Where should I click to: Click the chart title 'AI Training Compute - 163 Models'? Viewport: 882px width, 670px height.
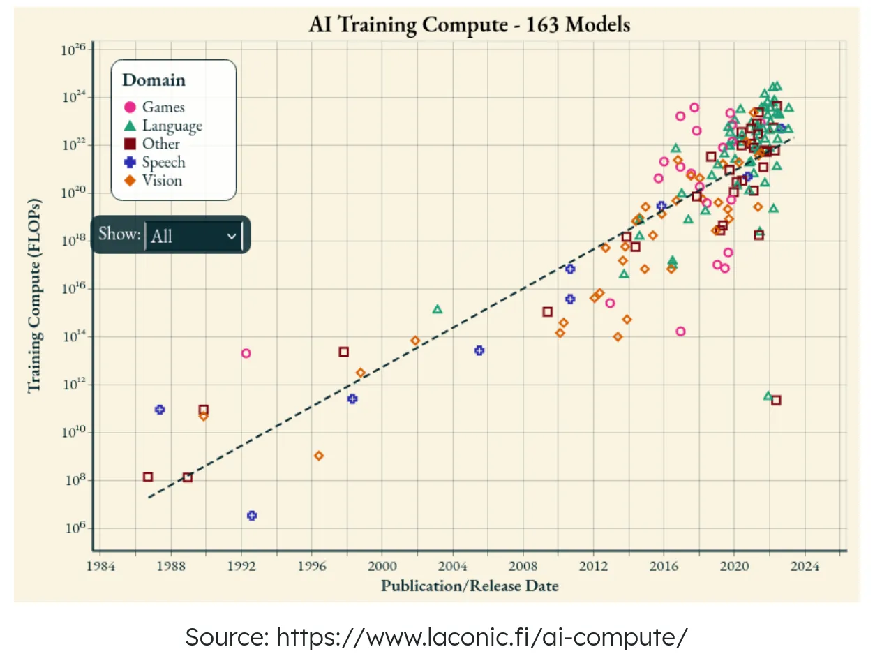[469, 24]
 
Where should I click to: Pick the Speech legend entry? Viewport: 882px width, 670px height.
[155, 162]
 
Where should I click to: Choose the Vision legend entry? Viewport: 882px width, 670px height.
[154, 180]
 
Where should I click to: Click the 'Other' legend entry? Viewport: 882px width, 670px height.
[152, 144]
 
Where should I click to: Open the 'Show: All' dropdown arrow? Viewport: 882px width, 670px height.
[232, 236]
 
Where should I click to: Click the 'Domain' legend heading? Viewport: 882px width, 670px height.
[154, 80]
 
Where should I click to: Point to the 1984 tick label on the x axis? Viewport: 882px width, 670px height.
[100, 566]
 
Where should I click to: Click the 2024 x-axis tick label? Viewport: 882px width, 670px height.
[804, 566]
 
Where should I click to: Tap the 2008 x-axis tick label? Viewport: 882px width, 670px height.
[523, 566]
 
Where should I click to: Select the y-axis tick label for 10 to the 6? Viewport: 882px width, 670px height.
[75, 528]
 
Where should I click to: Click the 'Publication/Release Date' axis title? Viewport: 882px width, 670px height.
[470, 586]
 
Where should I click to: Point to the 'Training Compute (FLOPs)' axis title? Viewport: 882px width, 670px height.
[34, 296]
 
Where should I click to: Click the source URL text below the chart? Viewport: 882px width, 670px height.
[436, 636]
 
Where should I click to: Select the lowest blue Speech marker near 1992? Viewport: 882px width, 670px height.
[252, 516]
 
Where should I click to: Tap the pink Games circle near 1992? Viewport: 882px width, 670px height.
[246, 353]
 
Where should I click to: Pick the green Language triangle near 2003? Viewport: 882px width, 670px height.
[438, 309]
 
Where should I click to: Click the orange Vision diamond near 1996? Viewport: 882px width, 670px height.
[319, 456]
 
